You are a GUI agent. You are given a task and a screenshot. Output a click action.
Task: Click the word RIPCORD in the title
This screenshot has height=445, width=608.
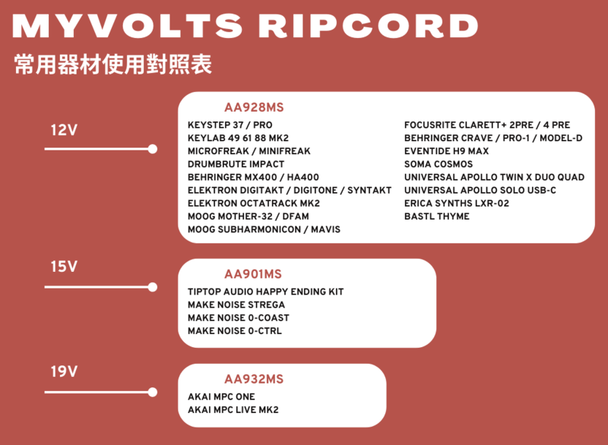[x=369, y=26]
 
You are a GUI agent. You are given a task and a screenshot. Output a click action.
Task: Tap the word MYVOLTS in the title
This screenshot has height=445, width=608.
[x=128, y=26]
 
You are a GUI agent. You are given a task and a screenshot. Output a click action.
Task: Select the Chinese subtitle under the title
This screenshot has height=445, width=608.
[x=112, y=65]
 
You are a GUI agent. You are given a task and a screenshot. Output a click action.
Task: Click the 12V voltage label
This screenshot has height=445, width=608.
[x=64, y=130]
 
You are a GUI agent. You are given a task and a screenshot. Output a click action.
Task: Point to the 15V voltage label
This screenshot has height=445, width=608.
[x=64, y=267]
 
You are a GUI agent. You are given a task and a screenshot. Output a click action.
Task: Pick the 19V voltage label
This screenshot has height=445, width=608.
[x=64, y=371]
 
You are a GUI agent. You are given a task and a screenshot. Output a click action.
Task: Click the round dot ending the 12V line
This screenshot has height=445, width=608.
[x=153, y=149]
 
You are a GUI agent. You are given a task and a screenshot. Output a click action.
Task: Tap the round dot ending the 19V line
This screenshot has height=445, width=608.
[x=153, y=393]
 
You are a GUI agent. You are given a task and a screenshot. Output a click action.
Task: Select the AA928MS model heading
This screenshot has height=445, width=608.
[x=254, y=107]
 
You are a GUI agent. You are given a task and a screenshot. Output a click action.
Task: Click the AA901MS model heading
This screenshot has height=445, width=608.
[x=253, y=274]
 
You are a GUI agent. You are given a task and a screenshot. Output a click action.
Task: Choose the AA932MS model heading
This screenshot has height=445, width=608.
[x=254, y=379]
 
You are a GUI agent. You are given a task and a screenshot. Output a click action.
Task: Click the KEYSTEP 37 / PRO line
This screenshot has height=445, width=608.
[x=230, y=125]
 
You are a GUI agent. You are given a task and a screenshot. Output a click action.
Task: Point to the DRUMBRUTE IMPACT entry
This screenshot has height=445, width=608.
[x=236, y=164]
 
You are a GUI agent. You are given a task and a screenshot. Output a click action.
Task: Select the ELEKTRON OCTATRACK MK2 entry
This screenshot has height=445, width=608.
[x=254, y=204]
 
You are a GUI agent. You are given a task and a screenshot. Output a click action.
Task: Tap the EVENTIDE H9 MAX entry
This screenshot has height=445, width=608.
[x=446, y=151]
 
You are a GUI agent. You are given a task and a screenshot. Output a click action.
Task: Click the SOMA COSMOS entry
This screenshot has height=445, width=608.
[x=439, y=164]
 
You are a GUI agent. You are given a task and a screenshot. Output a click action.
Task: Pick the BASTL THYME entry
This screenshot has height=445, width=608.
[x=437, y=216]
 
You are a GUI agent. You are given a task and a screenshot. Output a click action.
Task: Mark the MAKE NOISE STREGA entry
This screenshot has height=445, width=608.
[x=236, y=305]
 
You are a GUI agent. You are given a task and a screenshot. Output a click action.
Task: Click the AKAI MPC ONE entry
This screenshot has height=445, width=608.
[x=221, y=397]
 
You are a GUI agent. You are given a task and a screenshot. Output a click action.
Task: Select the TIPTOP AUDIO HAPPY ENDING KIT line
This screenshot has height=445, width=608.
[x=266, y=292]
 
